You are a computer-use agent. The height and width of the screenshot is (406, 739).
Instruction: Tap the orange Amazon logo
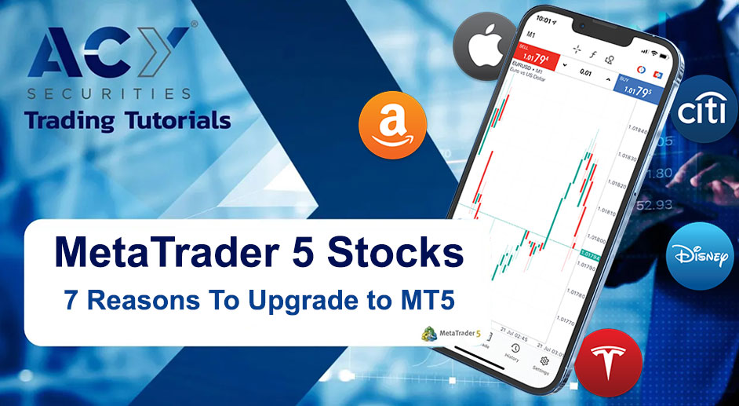point(392,126)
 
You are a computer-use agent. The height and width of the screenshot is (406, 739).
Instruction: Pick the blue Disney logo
point(700,256)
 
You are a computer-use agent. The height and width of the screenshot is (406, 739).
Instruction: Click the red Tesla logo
point(609,362)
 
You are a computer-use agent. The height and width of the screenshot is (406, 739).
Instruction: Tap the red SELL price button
point(527,57)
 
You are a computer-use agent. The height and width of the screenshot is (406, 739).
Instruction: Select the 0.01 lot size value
point(584,73)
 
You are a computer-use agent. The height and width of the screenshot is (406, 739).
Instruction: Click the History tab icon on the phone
point(513,351)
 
